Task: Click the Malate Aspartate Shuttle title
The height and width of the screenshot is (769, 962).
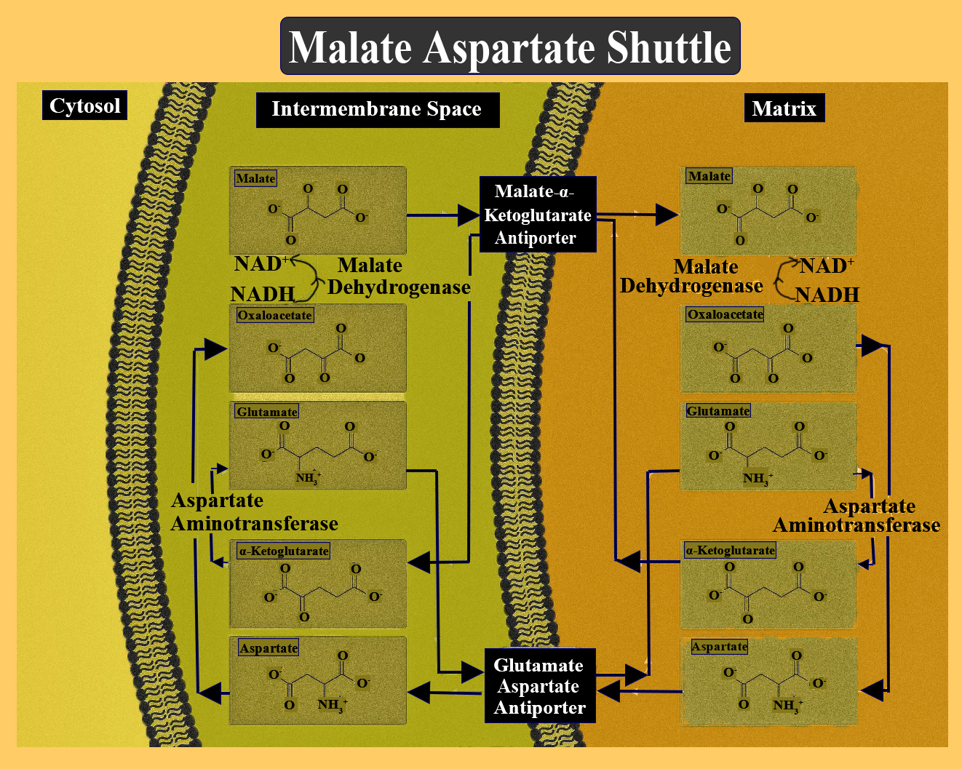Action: [x=510, y=47]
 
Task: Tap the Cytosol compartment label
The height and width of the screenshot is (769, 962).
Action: [x=84, y=105]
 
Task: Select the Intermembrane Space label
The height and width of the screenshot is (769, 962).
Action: [x=377, y=109]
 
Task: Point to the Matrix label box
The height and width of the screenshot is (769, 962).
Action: [x=784, y=108]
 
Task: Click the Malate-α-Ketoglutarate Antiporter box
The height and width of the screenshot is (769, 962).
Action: [x=538, y=215]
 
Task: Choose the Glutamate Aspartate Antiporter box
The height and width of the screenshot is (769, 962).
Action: [x=539, y=686]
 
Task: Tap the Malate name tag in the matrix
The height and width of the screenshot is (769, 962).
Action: [x=709, y=176]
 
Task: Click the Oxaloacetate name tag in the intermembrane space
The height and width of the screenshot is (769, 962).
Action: [x=274, y=315]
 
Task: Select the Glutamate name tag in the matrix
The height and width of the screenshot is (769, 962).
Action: [x=717, y=411]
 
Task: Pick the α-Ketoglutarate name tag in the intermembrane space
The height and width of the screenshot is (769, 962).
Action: [x=284, y=551]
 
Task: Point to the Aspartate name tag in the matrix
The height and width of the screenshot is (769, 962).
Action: [x=719, y=647]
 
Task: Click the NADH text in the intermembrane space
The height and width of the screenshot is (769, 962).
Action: [x=263, y=294]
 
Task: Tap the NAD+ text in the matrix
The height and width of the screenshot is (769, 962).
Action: [x=827, y=266]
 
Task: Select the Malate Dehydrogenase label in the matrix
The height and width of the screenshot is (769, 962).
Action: [x=691, y=276]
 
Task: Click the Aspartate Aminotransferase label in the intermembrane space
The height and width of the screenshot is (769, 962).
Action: [x=254, y=512]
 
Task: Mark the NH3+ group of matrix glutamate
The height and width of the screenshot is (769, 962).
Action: [x=758, y=478]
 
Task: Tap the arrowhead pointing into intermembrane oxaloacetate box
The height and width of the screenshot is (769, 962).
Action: [x=215, y=349]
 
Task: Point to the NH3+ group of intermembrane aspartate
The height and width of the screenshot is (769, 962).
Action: [x=333, y=704]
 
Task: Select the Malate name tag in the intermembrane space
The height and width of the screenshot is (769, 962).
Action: [x=255, y=178]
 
